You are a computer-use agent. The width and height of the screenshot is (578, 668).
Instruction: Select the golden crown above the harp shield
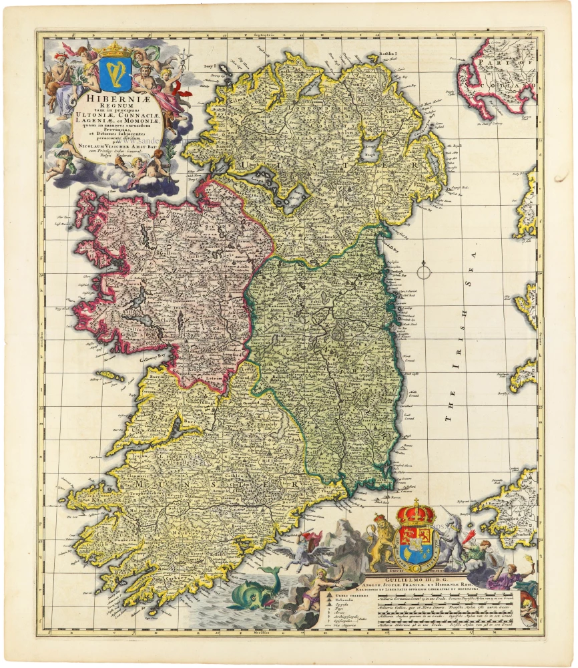pos(117,49)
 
